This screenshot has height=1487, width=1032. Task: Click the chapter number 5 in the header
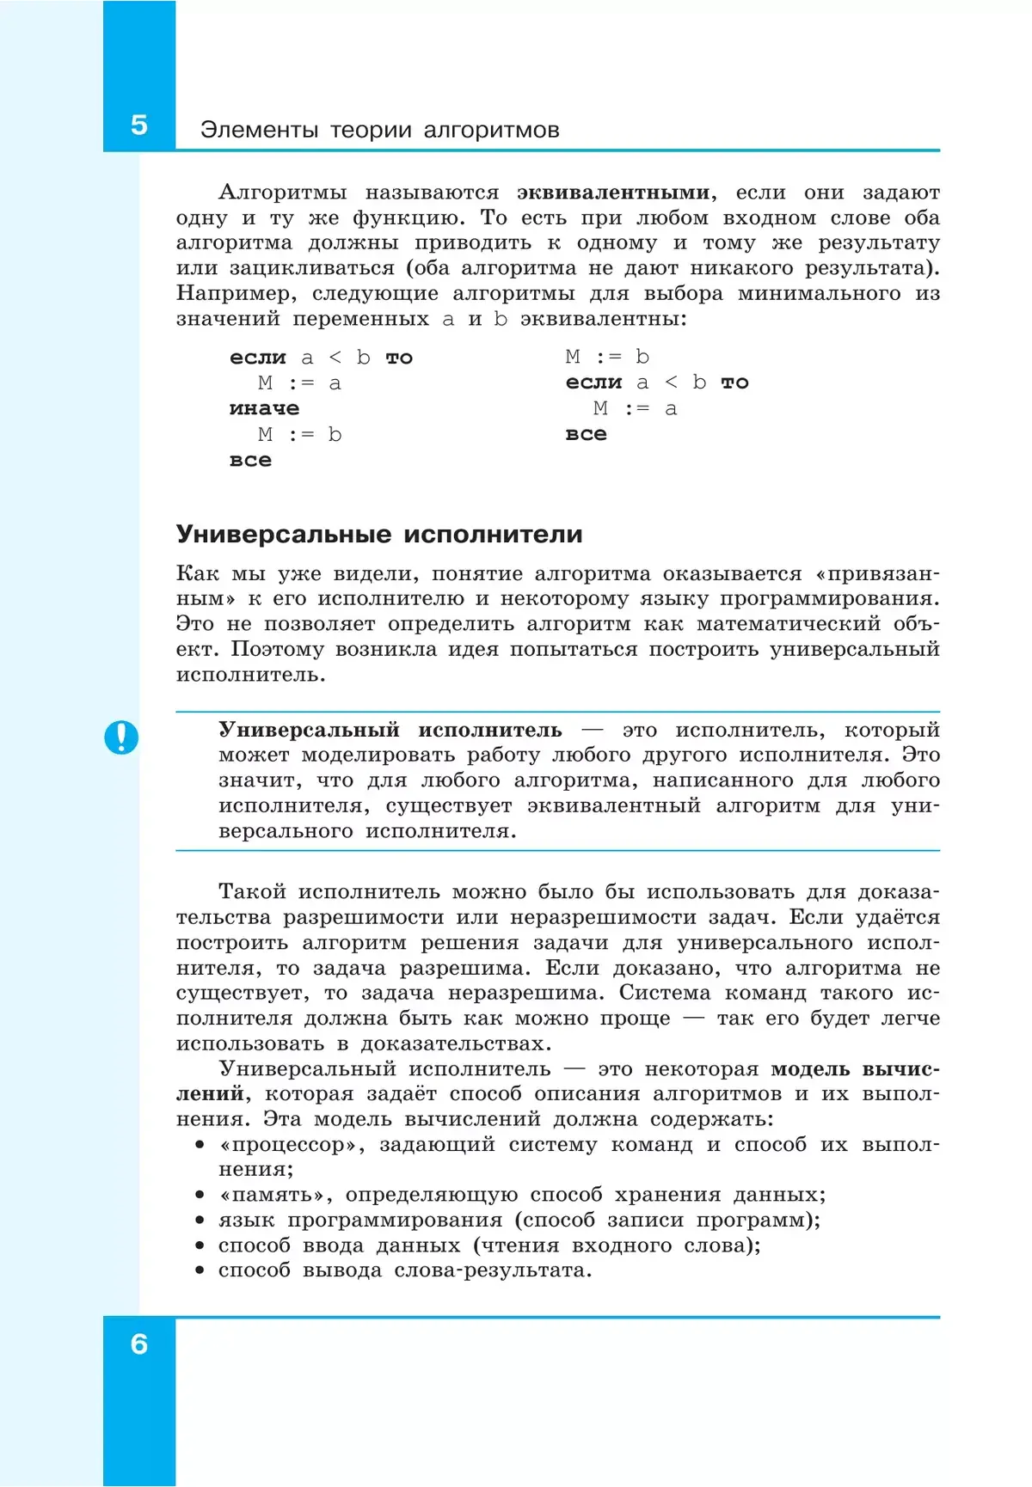click(x=139, y=125)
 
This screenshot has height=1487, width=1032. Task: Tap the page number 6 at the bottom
click(x=139, y=1344)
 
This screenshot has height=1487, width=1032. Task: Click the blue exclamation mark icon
click(x=121, y=737)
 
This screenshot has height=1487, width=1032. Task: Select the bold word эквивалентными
click(x=613, y=193)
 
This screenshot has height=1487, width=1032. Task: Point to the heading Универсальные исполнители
click(x=379, y=535)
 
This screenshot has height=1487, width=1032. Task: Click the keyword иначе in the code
click(x=264, y=408)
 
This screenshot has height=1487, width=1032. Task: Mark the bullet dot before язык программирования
click(x=200, y=1221)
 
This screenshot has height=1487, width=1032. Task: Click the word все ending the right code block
click(x=586, y=434)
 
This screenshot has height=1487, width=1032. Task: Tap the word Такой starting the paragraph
click(x=252, y=892)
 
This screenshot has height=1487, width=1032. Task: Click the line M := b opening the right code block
click(x=607, y=357)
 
